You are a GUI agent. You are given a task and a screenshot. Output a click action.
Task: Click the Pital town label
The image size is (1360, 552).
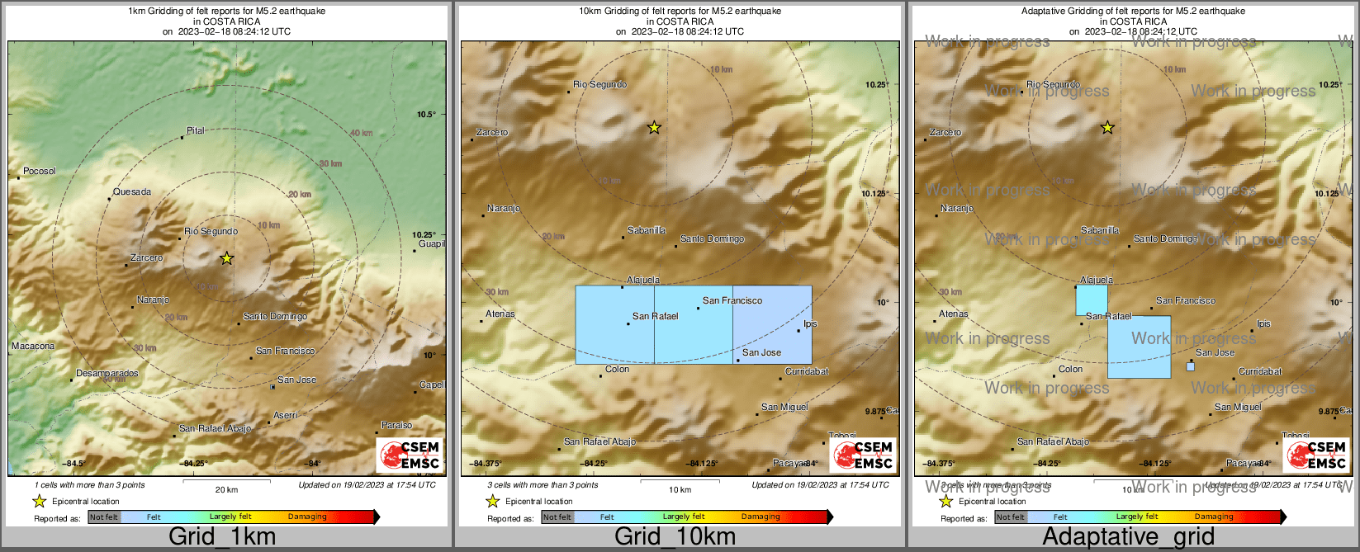tap(195, 130)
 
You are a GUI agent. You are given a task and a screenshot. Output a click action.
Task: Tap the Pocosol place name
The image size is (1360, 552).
tap(39, 171)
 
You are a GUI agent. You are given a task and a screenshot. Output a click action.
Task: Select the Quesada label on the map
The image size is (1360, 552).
tap(132, 191)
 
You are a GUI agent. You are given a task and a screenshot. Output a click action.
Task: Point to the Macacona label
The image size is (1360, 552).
tap(33, 346)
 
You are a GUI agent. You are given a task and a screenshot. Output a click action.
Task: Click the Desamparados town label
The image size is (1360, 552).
tap(107, 373)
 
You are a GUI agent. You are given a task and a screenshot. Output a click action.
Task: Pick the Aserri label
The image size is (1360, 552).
tap(286, 415)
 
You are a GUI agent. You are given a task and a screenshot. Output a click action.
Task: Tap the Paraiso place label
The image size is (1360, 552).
tap(396, 425)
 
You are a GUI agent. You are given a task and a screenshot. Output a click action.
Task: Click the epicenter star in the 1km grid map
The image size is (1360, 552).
tap(227, 258)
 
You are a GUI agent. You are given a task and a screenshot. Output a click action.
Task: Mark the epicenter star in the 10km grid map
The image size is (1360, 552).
tap(654, 128)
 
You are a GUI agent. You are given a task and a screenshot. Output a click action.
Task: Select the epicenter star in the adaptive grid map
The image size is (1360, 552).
tap(1107, 128)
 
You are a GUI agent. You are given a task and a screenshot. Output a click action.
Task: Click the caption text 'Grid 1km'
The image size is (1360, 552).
tap(222, 536)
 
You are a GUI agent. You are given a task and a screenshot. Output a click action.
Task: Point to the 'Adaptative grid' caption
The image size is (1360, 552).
tap(1128, 536)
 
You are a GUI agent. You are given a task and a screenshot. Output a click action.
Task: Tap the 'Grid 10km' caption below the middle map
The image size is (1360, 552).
tap(675, 536)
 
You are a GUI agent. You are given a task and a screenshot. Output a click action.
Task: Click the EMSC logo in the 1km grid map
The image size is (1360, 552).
tap(410, 455)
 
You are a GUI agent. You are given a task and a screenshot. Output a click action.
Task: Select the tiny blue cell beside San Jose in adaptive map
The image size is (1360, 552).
tap(1190, 366)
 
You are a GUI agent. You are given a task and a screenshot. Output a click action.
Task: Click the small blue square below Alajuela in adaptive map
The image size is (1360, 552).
tap(1092, 300)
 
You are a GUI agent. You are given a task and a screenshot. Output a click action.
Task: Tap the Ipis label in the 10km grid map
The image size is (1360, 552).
tap(810, 323)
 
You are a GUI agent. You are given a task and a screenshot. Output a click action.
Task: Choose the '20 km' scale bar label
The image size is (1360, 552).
tap(226, 489)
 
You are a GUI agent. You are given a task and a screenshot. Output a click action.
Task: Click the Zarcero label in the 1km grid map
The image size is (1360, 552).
tap(146, 257)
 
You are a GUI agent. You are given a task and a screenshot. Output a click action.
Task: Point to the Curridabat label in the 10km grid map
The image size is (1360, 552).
tap(806, 371)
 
